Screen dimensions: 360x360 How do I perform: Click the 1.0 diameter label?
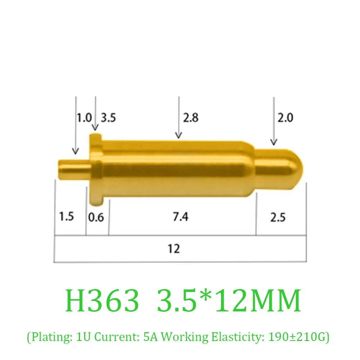click(84, 118)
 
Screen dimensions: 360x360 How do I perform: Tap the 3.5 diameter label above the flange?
click(108, 118)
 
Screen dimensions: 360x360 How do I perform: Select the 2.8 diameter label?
click(191, 118)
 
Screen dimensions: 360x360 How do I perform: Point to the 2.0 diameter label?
click(285, 118)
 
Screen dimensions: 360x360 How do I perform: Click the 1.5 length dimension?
click(66, 217)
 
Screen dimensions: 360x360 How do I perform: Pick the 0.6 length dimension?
click(96, 217)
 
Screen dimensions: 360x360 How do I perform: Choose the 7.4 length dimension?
click(180, 217)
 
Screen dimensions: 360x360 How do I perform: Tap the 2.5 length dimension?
click(278, 217)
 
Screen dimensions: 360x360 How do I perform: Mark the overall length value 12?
click(174, 249)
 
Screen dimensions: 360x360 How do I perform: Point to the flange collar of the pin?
click(95, 169)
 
